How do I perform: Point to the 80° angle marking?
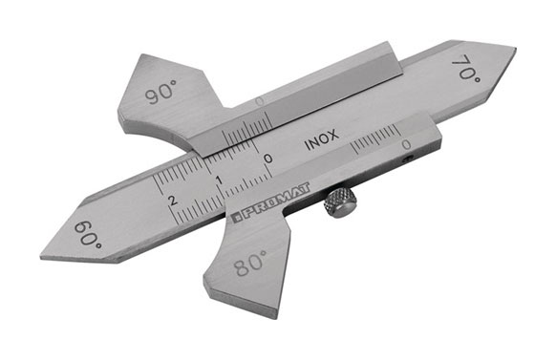pos(249,266)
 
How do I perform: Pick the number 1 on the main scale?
pos(220,180)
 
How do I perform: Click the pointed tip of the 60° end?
pos(42,256)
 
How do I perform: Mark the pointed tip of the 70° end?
pos(514,48)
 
